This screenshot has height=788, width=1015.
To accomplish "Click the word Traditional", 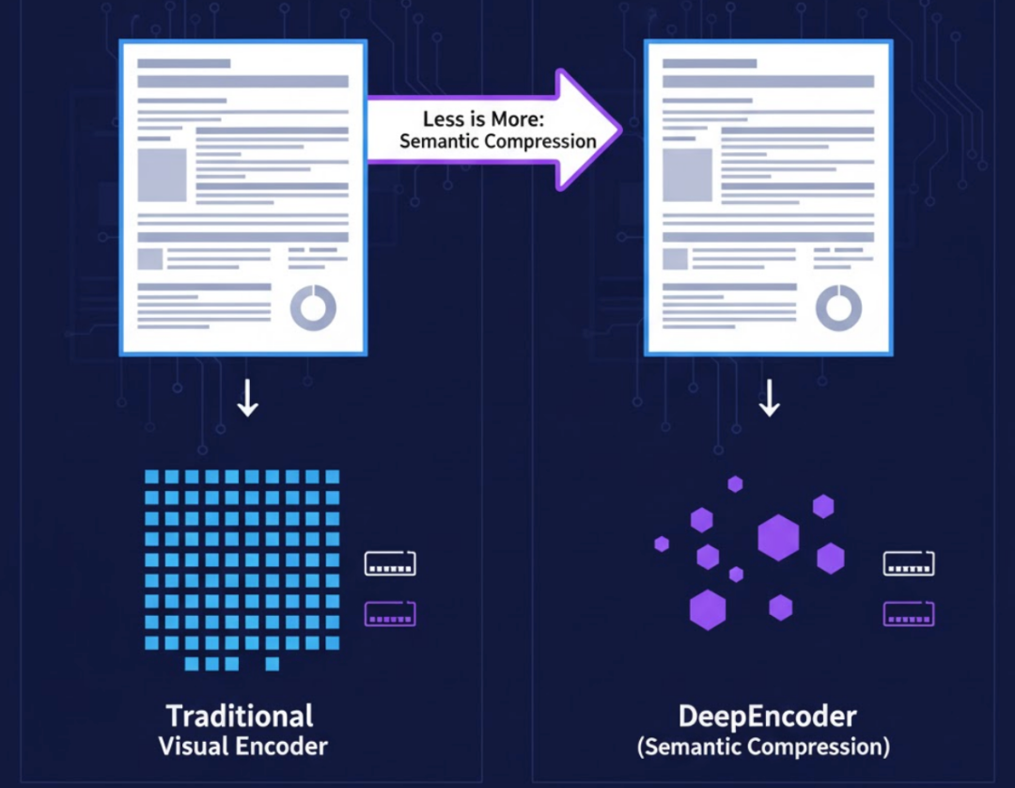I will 240,716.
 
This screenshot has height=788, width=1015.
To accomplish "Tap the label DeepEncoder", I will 767,716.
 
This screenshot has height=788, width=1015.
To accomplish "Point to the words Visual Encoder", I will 243,748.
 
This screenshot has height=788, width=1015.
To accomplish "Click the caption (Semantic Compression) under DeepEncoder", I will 763,748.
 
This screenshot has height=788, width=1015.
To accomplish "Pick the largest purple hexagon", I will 778,538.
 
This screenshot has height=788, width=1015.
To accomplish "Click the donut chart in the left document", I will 313,307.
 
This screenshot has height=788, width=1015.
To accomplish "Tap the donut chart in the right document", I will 838,307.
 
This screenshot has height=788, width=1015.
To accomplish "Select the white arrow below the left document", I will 247,398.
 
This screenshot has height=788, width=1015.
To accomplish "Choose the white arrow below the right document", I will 770,398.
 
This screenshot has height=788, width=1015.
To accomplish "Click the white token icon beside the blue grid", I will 390,564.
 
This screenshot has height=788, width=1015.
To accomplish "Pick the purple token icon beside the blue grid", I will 390,615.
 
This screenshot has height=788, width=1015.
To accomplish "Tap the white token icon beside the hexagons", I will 909,564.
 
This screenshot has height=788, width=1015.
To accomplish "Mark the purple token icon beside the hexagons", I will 909,615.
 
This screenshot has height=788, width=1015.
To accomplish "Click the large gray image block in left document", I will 163,175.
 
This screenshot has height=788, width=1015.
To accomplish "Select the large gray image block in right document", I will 687,175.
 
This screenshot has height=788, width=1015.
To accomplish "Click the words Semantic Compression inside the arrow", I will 498,141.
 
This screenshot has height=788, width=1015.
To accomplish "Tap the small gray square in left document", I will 150,259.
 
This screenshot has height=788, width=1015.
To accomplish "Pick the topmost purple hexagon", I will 735,483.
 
